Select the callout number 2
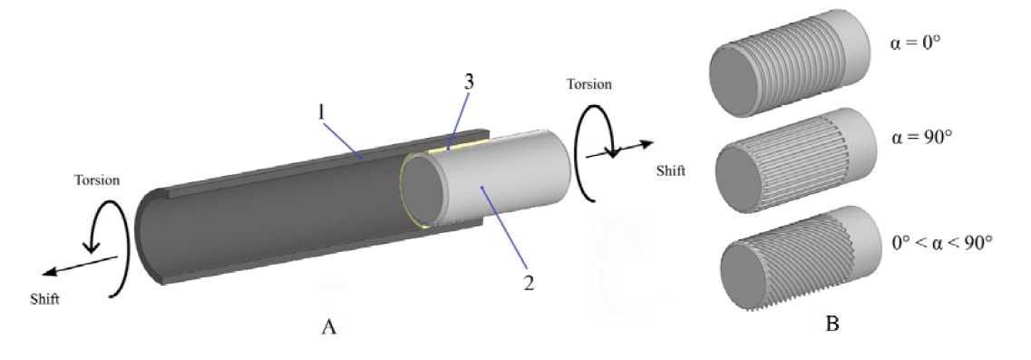[x=528, y=283]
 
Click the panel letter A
[x=329, y=326]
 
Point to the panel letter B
[x=832, y=324]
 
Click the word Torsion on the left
[x=97, y=180]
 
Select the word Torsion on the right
[x=589, y=84]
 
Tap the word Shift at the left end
[x=44, y=299]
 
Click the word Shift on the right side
[x=671, y=171]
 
